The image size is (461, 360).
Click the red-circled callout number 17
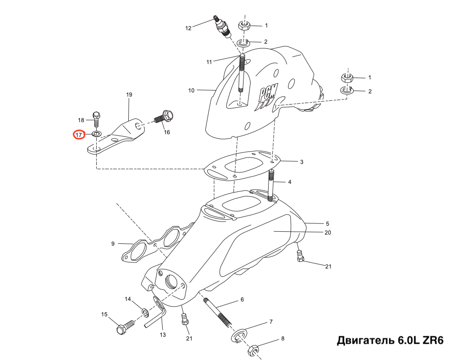79,135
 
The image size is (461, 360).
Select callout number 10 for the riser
191,91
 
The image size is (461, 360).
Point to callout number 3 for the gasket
302,162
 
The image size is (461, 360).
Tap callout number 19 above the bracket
130,95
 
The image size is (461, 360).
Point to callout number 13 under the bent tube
163,335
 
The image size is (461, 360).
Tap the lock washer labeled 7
239,335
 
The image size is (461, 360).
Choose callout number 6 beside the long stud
242,300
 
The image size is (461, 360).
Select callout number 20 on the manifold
328,233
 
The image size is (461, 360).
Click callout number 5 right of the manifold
327,223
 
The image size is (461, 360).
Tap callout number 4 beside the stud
290,182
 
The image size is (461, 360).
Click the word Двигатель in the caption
365,341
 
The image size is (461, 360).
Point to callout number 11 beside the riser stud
209,62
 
